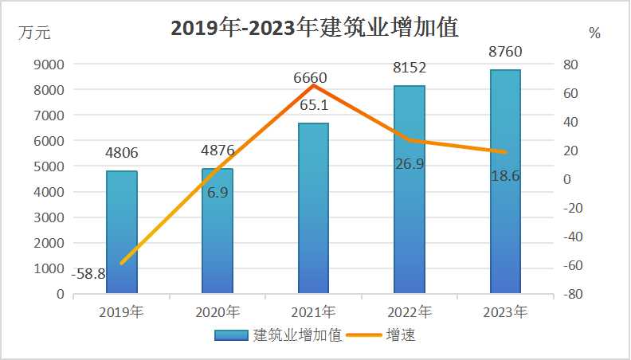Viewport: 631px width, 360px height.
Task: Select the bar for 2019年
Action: pos(121,232)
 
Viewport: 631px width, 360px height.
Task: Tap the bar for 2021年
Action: pos(313,209)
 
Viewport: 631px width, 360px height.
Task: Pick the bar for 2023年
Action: pos(505,182)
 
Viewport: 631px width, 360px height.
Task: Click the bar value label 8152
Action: pos(409,68)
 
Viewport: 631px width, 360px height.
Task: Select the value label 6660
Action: pos(310,78)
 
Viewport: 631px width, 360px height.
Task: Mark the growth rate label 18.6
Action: pos(504,176)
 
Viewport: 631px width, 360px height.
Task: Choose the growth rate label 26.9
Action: pos(409,164)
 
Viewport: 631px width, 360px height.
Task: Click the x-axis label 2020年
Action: pos(217,311)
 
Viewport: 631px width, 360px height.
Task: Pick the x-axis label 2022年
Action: pos(409,311)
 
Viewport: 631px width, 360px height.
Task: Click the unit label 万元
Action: pos(36,33)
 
